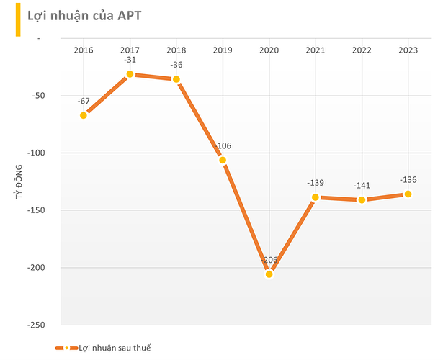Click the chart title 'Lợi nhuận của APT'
tap(84, 16)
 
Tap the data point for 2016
tap(84, 115)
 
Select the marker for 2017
tap(130, 74)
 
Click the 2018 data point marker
tap(176, 79)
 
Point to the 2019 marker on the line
tap(223, 160)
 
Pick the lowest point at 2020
tap(269, 274)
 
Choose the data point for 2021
tap(316, 197)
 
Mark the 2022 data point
tap(362, 200)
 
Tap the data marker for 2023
tap(408, 194)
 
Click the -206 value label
tap(269, 260)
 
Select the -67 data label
tap(84, 101)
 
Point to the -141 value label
tap(362, 186)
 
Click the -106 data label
tap(223, 145)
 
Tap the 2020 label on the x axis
tap(269, 50)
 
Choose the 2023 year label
tap(408, 50)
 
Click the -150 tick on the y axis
tap(36, 210)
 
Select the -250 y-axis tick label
tap(36, 325)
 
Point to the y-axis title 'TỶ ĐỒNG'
tap(19, 182)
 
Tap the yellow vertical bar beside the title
tap(18, 19)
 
